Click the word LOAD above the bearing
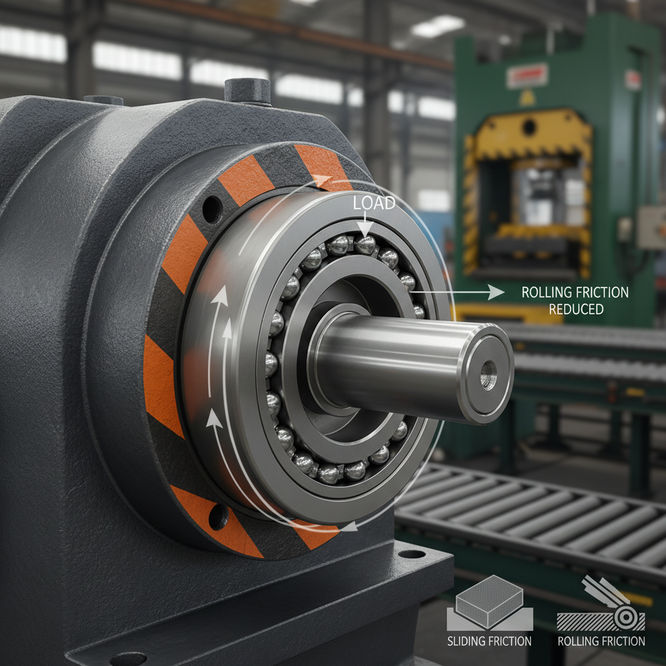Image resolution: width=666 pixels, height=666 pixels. pyautogui.click(x=374, y=204)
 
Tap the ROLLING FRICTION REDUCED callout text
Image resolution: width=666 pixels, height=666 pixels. pyautogui.click(x=575, y=300)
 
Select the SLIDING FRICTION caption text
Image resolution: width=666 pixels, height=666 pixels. pyautogui.click(x=489, y=641)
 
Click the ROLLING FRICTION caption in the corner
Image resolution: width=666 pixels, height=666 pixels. pyautogui.click(x=602, y=641)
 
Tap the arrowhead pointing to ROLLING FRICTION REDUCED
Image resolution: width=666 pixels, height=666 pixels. pyautogui.click(x=497, y=293)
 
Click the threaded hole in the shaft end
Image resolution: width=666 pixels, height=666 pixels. pyautogui.click(x=488, y=374)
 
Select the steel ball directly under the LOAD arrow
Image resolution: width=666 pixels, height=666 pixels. pyautogui.click(x=366, y=245)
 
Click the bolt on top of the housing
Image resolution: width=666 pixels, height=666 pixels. pyautogui.click(x=247, y=91)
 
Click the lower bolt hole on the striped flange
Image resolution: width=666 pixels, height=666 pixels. pyautogui.click(x=218, y=517)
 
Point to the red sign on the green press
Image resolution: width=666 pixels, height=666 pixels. pyautogui.click(x=527, y=76)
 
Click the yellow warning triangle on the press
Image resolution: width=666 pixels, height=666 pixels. pyautogui.click(x=524, y=98)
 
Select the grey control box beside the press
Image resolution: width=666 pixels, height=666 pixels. pyautogui.click(x=650, y=228)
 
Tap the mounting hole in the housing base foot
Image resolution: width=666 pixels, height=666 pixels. pyautogui.click(x=411, y=555)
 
